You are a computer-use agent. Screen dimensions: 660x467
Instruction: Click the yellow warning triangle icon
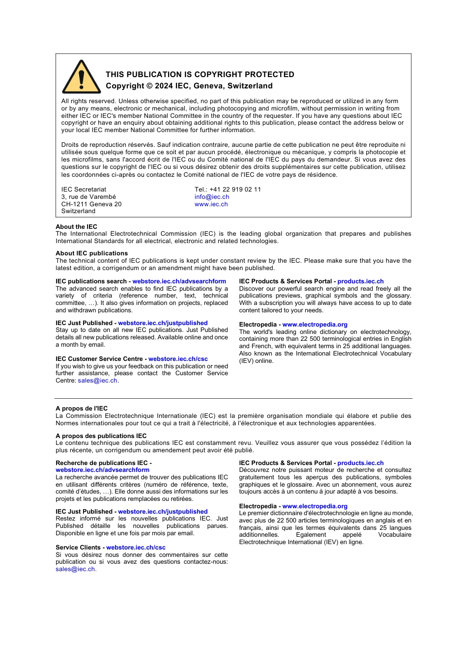[x=81, y=78]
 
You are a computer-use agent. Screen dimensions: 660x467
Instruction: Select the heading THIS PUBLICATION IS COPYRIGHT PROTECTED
[x=200, y=75]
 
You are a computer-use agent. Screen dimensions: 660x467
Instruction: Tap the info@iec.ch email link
[x=211, y=197]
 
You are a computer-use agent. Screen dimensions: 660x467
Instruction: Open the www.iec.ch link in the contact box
[x=211, y=204]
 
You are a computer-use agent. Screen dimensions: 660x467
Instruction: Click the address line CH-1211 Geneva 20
[x=91, y=204]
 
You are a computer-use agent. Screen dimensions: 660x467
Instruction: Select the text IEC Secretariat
[x=84, y=190]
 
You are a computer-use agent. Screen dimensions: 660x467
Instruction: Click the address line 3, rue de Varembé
[x=88, y=197]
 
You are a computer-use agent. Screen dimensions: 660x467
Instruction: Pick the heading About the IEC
[x=76, y=227]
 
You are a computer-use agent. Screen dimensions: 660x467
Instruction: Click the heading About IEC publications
[x=91, y=253]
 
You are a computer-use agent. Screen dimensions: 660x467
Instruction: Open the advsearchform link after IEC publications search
[x=179, y=281]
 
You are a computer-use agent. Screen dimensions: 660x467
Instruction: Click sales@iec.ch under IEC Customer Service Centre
[x=97, y=381]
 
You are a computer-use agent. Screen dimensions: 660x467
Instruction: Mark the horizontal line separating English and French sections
[x=233, y=398]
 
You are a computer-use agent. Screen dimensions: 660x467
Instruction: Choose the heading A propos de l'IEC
[x=82, y=409]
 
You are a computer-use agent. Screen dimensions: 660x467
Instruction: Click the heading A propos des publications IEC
[x=101, y=436]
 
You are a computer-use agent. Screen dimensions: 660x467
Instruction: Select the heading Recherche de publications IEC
[x=102, y=463]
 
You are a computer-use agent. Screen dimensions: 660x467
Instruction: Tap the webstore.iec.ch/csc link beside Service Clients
[x=136, y=548]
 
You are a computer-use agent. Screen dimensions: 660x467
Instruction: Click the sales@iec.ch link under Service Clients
[x=75, y=569]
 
